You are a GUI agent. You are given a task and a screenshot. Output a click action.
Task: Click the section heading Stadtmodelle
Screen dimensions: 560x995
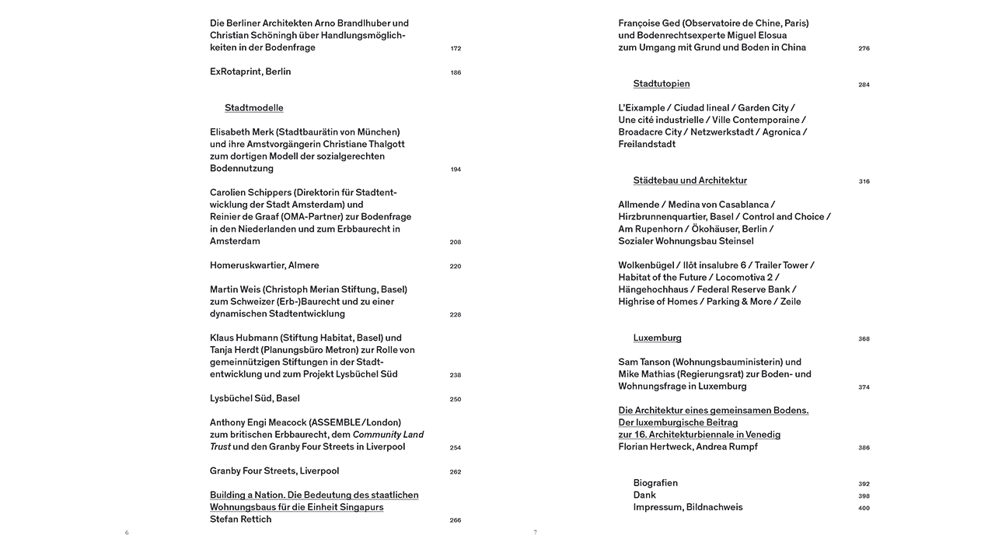(x=253, y=108)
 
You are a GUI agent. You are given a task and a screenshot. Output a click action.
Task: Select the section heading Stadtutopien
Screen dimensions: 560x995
(x=662, y=84)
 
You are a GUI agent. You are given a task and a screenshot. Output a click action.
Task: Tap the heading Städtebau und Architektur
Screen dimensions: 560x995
(x=690, y=180)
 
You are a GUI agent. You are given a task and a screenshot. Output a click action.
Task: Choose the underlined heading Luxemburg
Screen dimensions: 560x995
(x=657, y=338)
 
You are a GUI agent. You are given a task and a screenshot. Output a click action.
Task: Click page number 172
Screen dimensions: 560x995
(x=456, y=49)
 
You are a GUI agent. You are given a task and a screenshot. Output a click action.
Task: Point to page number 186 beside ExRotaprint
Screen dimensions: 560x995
(x=456, y=73)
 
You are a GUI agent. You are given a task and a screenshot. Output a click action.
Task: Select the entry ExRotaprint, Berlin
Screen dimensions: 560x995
(x=250, y=72)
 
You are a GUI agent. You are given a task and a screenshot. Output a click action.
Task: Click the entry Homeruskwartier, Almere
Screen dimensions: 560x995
(x=264, y=265)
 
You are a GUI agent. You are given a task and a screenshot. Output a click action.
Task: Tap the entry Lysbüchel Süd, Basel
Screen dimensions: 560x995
(x=254, y=398)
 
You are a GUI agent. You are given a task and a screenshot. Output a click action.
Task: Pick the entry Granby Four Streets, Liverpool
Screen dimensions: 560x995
(x=274, y=471)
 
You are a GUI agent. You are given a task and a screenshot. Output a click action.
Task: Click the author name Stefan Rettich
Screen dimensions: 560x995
(x=240, y=519)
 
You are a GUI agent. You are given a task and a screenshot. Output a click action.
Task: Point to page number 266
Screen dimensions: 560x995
(x=456, y=520)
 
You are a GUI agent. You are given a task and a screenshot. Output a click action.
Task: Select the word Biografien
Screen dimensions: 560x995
(x=655, y=483)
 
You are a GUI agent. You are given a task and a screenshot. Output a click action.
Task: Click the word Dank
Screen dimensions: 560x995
(x=644, y=495)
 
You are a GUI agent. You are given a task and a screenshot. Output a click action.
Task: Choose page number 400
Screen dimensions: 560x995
(x=864, y=509)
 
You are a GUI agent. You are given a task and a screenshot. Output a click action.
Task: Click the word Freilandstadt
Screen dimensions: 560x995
(x=647, y=144)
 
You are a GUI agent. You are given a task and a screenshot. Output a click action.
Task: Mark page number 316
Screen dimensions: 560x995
(x=864, y=182)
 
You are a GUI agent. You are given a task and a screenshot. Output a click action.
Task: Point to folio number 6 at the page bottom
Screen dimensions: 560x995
(x=127, y=533)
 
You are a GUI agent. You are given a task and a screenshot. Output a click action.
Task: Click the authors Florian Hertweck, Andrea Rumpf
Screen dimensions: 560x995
(x=688, y=446)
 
